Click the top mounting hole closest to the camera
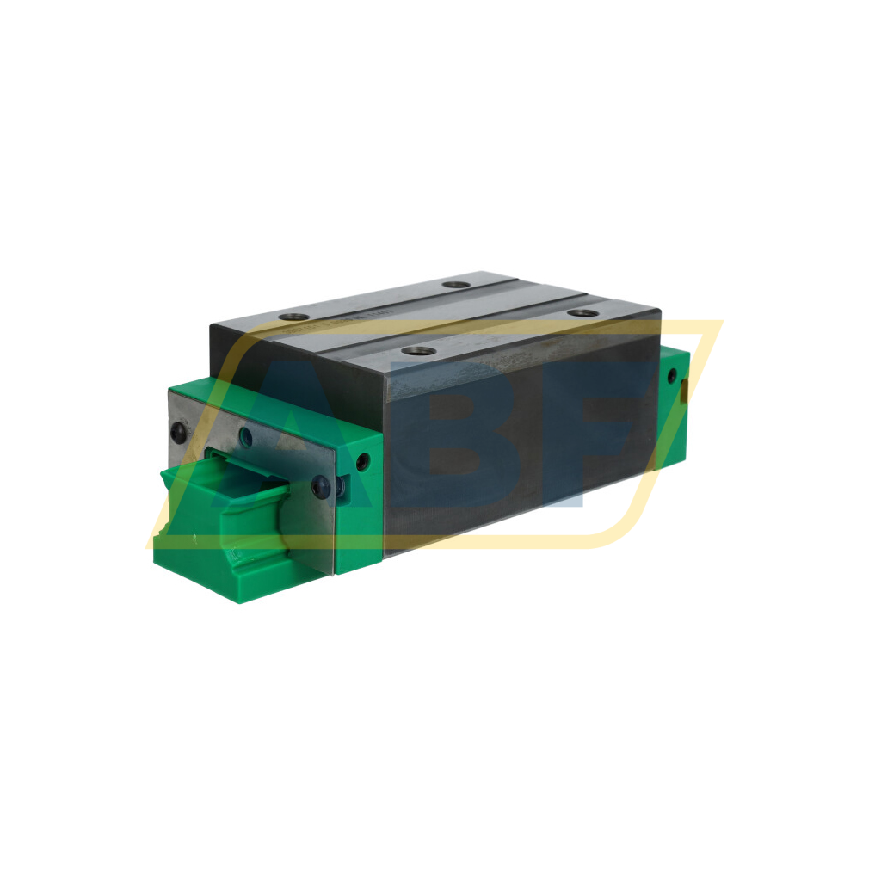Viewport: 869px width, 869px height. click(419, 350)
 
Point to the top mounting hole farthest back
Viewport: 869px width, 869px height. click(457, 284)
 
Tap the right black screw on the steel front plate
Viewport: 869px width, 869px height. click(321, 486)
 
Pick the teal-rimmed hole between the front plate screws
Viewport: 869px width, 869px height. click(244, 435)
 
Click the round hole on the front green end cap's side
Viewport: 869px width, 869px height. click(362, 462)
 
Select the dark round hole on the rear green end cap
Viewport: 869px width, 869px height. click(671, 376)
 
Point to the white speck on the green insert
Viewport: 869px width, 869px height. click(194, 539)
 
